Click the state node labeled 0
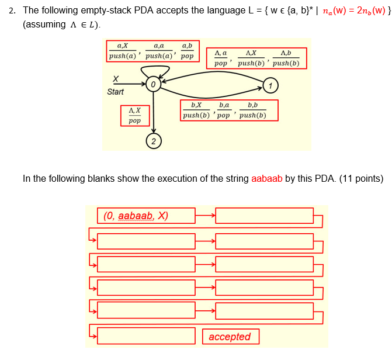pos(152,85)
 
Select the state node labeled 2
pos(152,141)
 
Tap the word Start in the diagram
pos(116,92)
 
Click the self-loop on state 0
pos(152,70)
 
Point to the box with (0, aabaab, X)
pos(146,216)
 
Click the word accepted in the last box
pos(230,337)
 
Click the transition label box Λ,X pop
pos(134,115)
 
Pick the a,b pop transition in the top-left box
pos(187,51)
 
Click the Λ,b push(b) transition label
pos(286,58)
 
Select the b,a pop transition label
pos(224,110)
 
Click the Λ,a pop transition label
pos(221,58)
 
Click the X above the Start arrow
pos(115,78)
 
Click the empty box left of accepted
pos(146,336)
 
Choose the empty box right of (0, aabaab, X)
pos(264,216)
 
